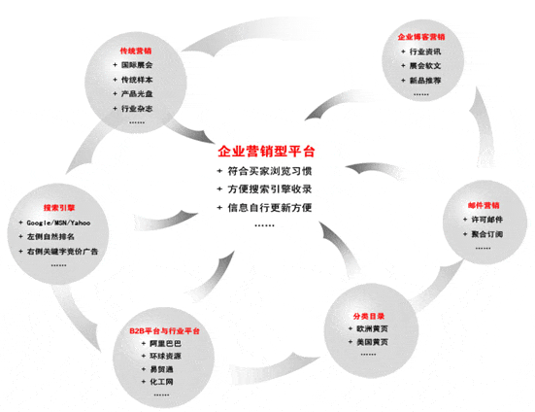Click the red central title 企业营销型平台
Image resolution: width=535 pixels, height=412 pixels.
click(266, 152)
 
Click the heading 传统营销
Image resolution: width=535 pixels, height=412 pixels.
click(136, 51)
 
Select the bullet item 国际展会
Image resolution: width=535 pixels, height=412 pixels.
click(137, 65)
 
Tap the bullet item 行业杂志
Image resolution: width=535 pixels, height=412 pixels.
click(137, 109)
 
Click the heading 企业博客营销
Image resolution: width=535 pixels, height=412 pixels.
click(421, 37)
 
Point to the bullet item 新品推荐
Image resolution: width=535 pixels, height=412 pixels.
click(425, 81)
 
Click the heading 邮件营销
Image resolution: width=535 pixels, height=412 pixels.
click(484, 205)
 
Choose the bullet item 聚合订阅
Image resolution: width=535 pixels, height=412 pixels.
click(486, 234)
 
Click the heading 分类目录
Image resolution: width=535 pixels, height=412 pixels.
click(369, 316)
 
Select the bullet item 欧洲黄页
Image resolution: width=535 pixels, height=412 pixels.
click(372, 328)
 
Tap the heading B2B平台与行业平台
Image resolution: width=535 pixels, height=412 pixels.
click(164, 330)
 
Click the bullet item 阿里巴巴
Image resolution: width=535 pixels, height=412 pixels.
click(165, 343)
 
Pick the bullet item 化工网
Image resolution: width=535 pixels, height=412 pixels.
click(161, 382)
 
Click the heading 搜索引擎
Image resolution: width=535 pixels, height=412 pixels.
click(59, 208)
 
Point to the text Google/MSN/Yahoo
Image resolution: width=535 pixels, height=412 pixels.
click(58, 223)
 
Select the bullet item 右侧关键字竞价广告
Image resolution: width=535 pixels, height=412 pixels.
click(62, 252)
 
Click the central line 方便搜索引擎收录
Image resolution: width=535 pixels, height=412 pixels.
click(270, 189)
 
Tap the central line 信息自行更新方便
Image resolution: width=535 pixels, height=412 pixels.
click(270, 208)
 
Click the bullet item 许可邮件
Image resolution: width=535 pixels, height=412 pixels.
click(486, 220)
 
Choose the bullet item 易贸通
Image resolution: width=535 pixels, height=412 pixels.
click(161, 369)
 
